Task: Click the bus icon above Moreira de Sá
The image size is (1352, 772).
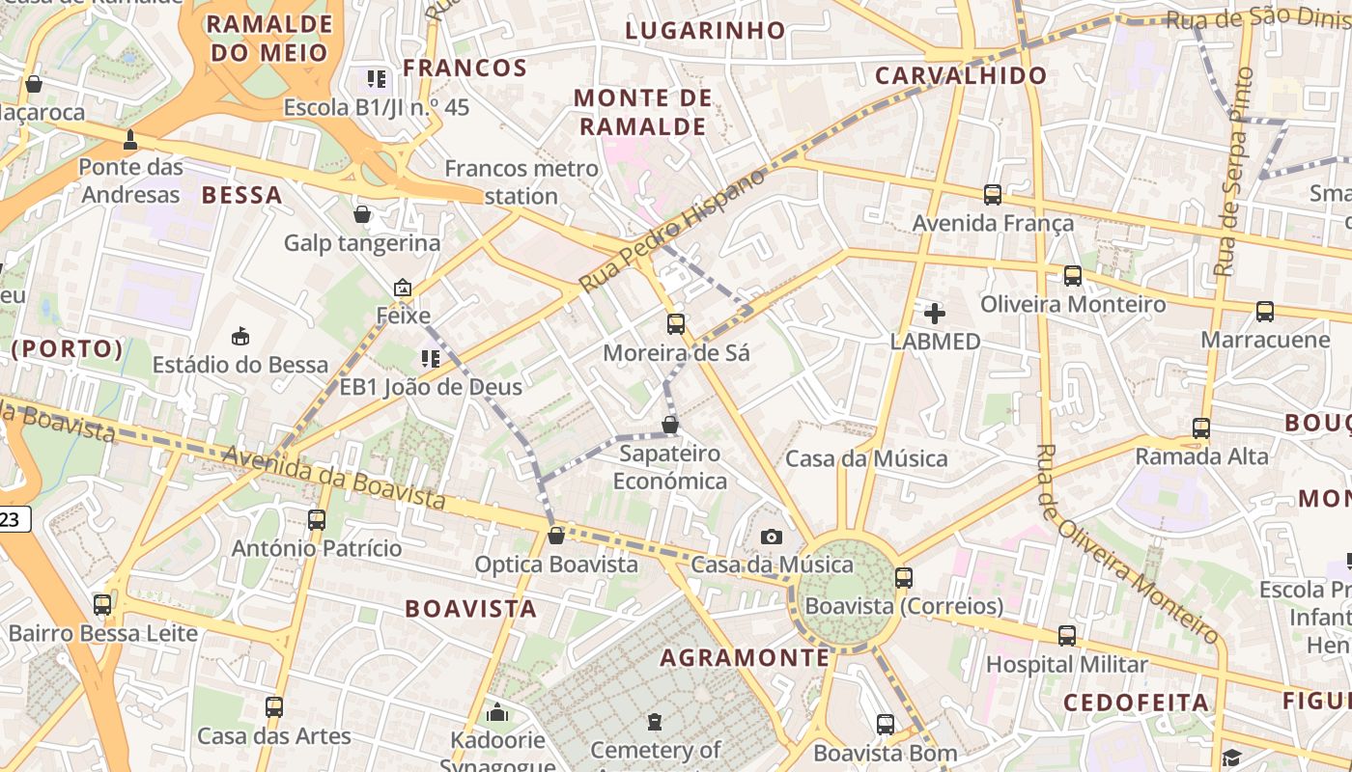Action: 676,324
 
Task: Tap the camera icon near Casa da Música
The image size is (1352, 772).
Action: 771,537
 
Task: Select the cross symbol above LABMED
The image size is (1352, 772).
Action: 935,313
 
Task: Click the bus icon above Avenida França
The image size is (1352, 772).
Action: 993,195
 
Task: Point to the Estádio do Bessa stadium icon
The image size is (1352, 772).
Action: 240,336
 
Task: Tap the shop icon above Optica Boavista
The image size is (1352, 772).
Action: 556,536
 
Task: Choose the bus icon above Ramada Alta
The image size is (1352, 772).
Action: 1201,427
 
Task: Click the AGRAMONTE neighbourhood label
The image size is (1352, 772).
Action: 745,658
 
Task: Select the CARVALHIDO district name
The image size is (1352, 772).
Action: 961,75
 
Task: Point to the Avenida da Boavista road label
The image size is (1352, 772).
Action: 334,477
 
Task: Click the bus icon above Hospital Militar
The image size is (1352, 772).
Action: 1066,636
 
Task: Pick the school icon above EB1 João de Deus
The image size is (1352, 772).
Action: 431,359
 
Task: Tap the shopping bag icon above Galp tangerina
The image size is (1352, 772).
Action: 362,214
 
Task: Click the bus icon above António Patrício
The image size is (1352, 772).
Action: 317,520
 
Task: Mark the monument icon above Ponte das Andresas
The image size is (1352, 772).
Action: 130,140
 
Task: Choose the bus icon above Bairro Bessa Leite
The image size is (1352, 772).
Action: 102,605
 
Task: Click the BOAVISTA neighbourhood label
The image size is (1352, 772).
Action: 470,609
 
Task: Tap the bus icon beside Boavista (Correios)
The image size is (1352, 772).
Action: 904,578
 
